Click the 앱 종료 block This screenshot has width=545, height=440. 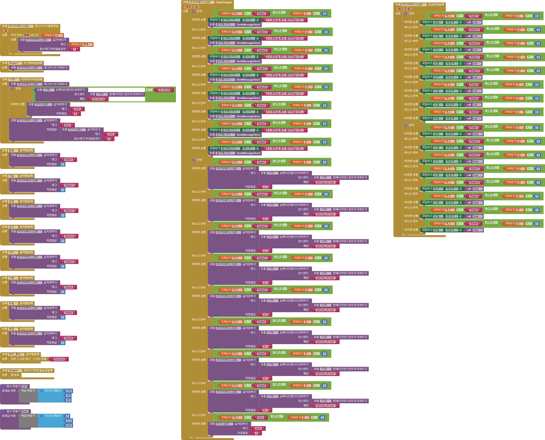[15, 375]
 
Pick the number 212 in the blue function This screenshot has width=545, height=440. [69, 421]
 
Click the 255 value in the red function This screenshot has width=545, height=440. [69, 391]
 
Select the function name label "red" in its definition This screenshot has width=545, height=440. [24, 386]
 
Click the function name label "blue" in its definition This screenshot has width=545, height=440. [25, 411]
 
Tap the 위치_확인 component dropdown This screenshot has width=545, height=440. [16, 354]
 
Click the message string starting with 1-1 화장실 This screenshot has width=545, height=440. [284, 20]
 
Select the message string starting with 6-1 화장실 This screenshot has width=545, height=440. [284, 148]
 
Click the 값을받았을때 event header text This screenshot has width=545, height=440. [436, 5]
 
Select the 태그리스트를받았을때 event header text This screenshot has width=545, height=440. [47, 26]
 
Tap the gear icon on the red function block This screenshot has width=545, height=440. [3, 386]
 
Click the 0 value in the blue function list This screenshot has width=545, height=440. [67, 416]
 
